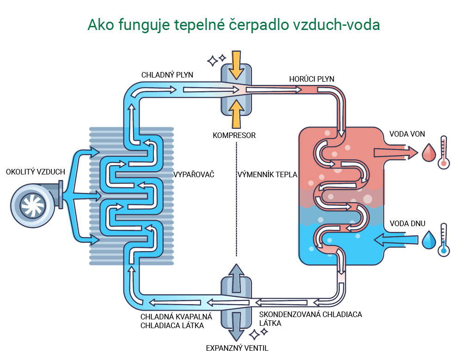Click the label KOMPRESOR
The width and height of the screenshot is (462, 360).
(234, 136)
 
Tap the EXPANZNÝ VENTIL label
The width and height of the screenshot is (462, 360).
(237, 348)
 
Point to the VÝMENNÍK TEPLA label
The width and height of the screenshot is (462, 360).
(267, 175)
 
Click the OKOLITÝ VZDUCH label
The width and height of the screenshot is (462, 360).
(36, 172)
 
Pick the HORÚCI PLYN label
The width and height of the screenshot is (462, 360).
(312, 79)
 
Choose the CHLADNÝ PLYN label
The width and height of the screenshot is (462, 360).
(167, 75)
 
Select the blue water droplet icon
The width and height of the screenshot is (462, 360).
(429, 240)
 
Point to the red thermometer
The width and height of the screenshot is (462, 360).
(444, 152)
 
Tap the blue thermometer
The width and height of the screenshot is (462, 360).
(444, 240)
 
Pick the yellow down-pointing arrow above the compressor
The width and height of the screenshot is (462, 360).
(236, 64)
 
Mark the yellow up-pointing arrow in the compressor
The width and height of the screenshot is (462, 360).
(236, 113)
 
